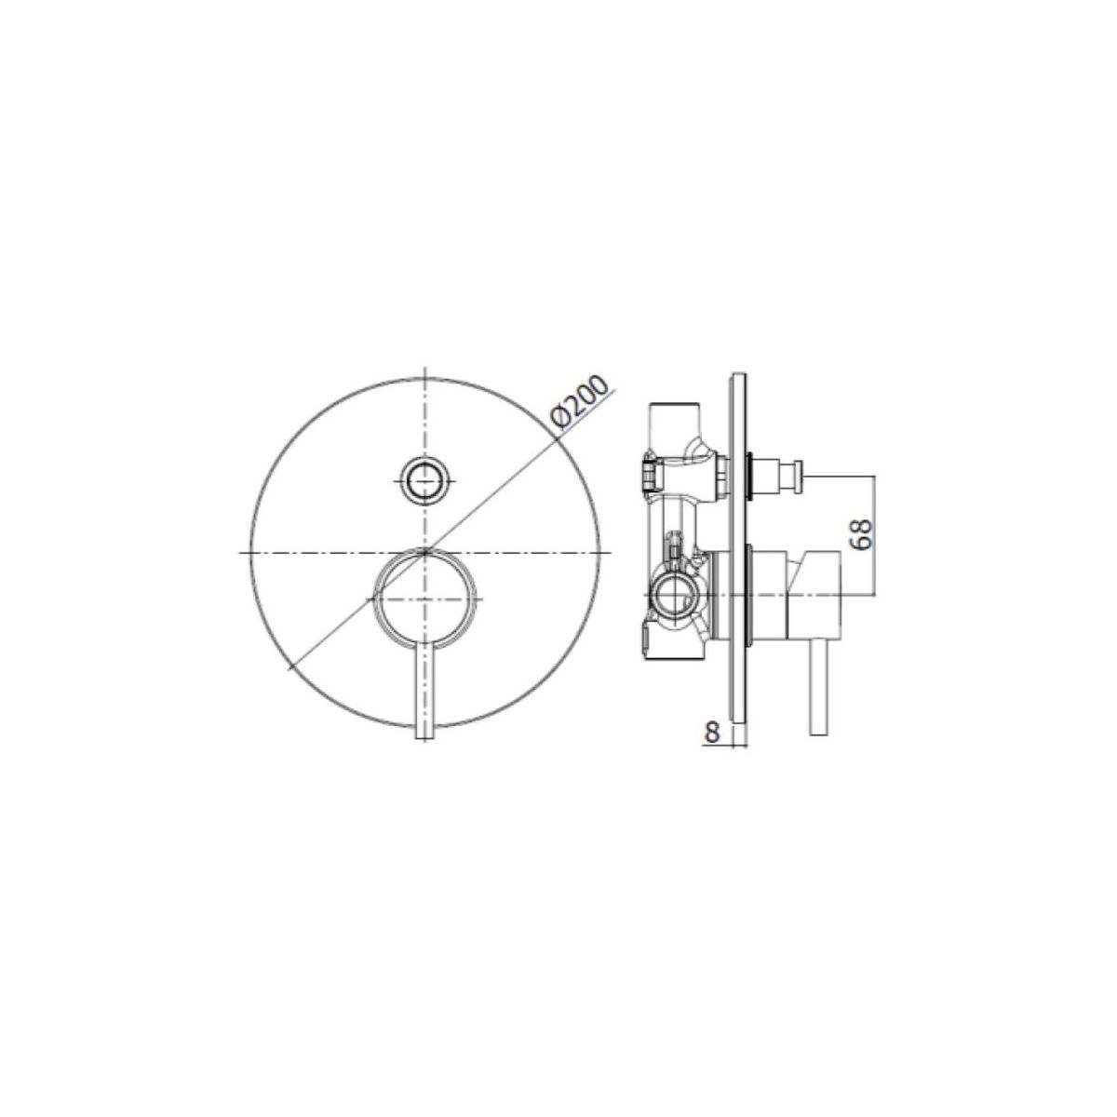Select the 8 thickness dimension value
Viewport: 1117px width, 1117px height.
coord(711,733)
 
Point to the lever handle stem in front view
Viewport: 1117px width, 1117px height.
coord(425,689)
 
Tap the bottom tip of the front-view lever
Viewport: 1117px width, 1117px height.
coord(425,736)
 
